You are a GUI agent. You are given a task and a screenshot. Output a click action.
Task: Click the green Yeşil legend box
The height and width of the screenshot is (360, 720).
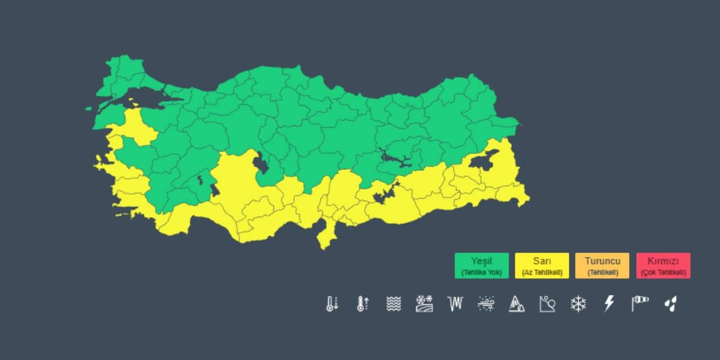481,265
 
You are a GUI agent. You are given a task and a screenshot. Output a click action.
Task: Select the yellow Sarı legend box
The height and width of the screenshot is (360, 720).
542,265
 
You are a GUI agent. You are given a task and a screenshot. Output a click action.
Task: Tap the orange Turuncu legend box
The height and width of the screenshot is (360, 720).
602,265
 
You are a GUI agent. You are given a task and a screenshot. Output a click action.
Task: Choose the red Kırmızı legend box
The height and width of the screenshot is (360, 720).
663,265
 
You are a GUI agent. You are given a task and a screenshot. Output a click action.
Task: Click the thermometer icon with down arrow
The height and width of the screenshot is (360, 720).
332,304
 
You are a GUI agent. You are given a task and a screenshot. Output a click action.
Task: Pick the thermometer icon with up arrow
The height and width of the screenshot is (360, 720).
363,304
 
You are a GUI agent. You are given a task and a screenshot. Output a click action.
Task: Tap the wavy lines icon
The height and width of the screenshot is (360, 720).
394,304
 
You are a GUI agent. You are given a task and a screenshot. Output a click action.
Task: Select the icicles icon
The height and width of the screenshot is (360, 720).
454,304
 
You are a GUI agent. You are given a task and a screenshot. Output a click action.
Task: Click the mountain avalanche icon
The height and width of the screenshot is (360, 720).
516,304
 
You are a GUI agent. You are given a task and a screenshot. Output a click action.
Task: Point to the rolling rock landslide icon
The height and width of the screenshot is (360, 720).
547,304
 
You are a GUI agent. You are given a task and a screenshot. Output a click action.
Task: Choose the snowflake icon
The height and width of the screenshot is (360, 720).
578,304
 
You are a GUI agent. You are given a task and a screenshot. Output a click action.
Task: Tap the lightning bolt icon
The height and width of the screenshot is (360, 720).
609,304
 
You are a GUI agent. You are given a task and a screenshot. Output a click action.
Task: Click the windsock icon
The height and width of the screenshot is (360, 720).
640,304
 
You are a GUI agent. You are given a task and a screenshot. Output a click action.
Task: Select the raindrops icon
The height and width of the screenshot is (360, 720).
670,304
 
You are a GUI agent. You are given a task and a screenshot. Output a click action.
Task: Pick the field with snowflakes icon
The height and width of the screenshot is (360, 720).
424,304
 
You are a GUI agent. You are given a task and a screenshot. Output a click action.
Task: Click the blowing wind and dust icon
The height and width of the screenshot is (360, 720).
486,304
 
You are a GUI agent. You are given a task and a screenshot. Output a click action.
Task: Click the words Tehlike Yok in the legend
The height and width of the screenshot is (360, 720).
481,273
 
